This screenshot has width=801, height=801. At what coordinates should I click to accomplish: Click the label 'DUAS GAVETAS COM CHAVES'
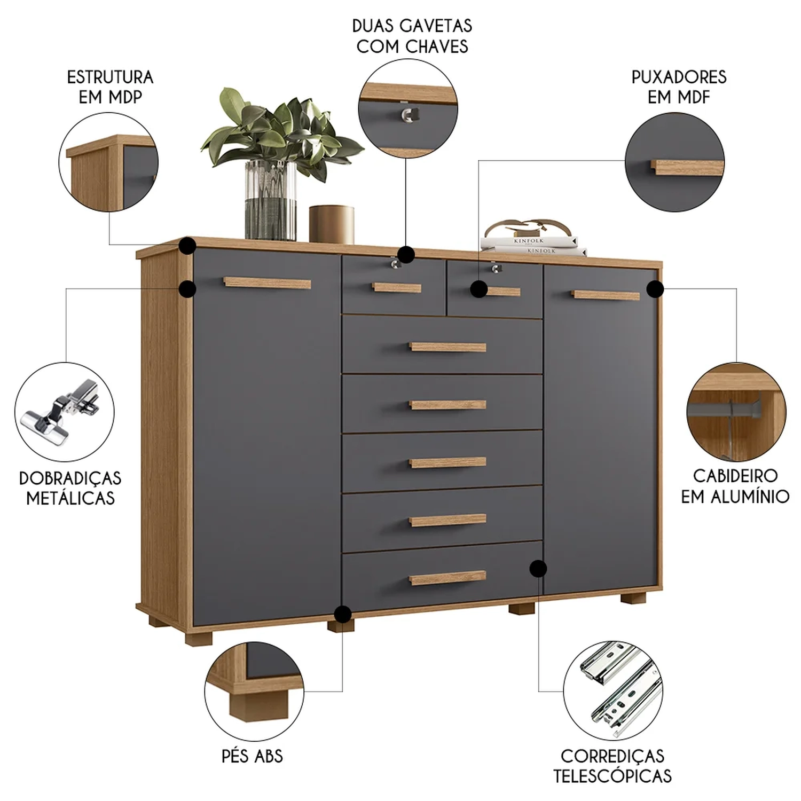click(412, 36)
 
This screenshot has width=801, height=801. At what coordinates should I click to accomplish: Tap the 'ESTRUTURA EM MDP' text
click(110, 87)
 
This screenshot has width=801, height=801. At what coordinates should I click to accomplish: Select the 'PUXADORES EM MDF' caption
click(679, 87)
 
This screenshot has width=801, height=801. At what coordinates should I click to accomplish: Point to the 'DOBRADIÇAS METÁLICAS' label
click(70, 488)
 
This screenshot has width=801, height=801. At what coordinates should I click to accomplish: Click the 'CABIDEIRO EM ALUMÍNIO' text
click(735, 486)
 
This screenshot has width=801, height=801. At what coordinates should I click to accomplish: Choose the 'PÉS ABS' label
click(252, 756)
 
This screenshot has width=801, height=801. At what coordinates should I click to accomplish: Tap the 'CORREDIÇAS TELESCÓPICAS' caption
click(612, 766)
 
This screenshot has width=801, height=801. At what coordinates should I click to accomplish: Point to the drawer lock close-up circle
click(408, 108)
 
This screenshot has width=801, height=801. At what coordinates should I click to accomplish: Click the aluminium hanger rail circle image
click(736, 412)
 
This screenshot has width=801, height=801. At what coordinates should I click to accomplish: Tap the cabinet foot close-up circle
click(254, 691)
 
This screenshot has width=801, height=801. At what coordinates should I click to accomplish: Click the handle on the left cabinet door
click(267, 282)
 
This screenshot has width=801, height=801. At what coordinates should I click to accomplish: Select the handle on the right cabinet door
click(606, 295)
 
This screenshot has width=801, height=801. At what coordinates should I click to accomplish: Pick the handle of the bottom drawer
click(447, 578)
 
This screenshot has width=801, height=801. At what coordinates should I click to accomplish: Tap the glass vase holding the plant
click(271, 200)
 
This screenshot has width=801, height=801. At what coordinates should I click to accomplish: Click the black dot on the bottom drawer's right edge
click(538, 568)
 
